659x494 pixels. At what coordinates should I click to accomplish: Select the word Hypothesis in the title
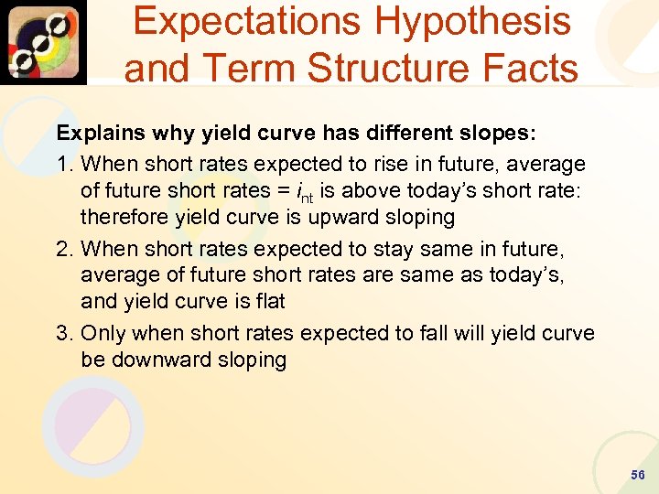[x=476, y=22]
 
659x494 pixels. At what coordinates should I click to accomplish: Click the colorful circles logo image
[x=43, y=42]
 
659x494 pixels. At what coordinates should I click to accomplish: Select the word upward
[x=341, y=217]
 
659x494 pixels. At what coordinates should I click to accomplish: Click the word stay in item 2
[x=414, y=248]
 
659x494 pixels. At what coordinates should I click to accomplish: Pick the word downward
[x=153, y=360]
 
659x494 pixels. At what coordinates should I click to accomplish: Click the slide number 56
[x=637, y=475]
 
